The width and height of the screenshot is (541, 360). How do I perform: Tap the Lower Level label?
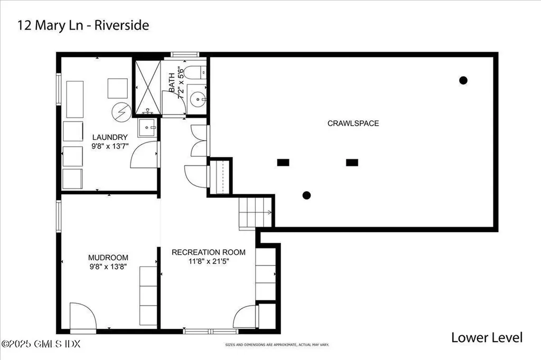pos(487,337)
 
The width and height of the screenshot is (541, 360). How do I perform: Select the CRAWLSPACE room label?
pos(353,124)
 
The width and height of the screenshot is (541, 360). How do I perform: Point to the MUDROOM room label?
pos(108,258)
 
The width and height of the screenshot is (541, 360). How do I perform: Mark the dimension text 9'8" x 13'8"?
pos(108,267)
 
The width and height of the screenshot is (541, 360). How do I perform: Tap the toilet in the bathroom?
pos(196,73)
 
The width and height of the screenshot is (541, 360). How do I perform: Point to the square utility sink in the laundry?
pos(147,127)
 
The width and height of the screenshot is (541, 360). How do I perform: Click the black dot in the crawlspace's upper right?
pos(463,80)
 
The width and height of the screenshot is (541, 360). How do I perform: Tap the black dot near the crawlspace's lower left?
pos(306,195)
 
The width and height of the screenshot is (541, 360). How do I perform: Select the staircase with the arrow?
pos(255,213)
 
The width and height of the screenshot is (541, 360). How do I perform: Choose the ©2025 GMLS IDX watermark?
pos(41,344)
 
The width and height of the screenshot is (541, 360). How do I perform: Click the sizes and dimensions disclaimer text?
pos(277,345)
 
